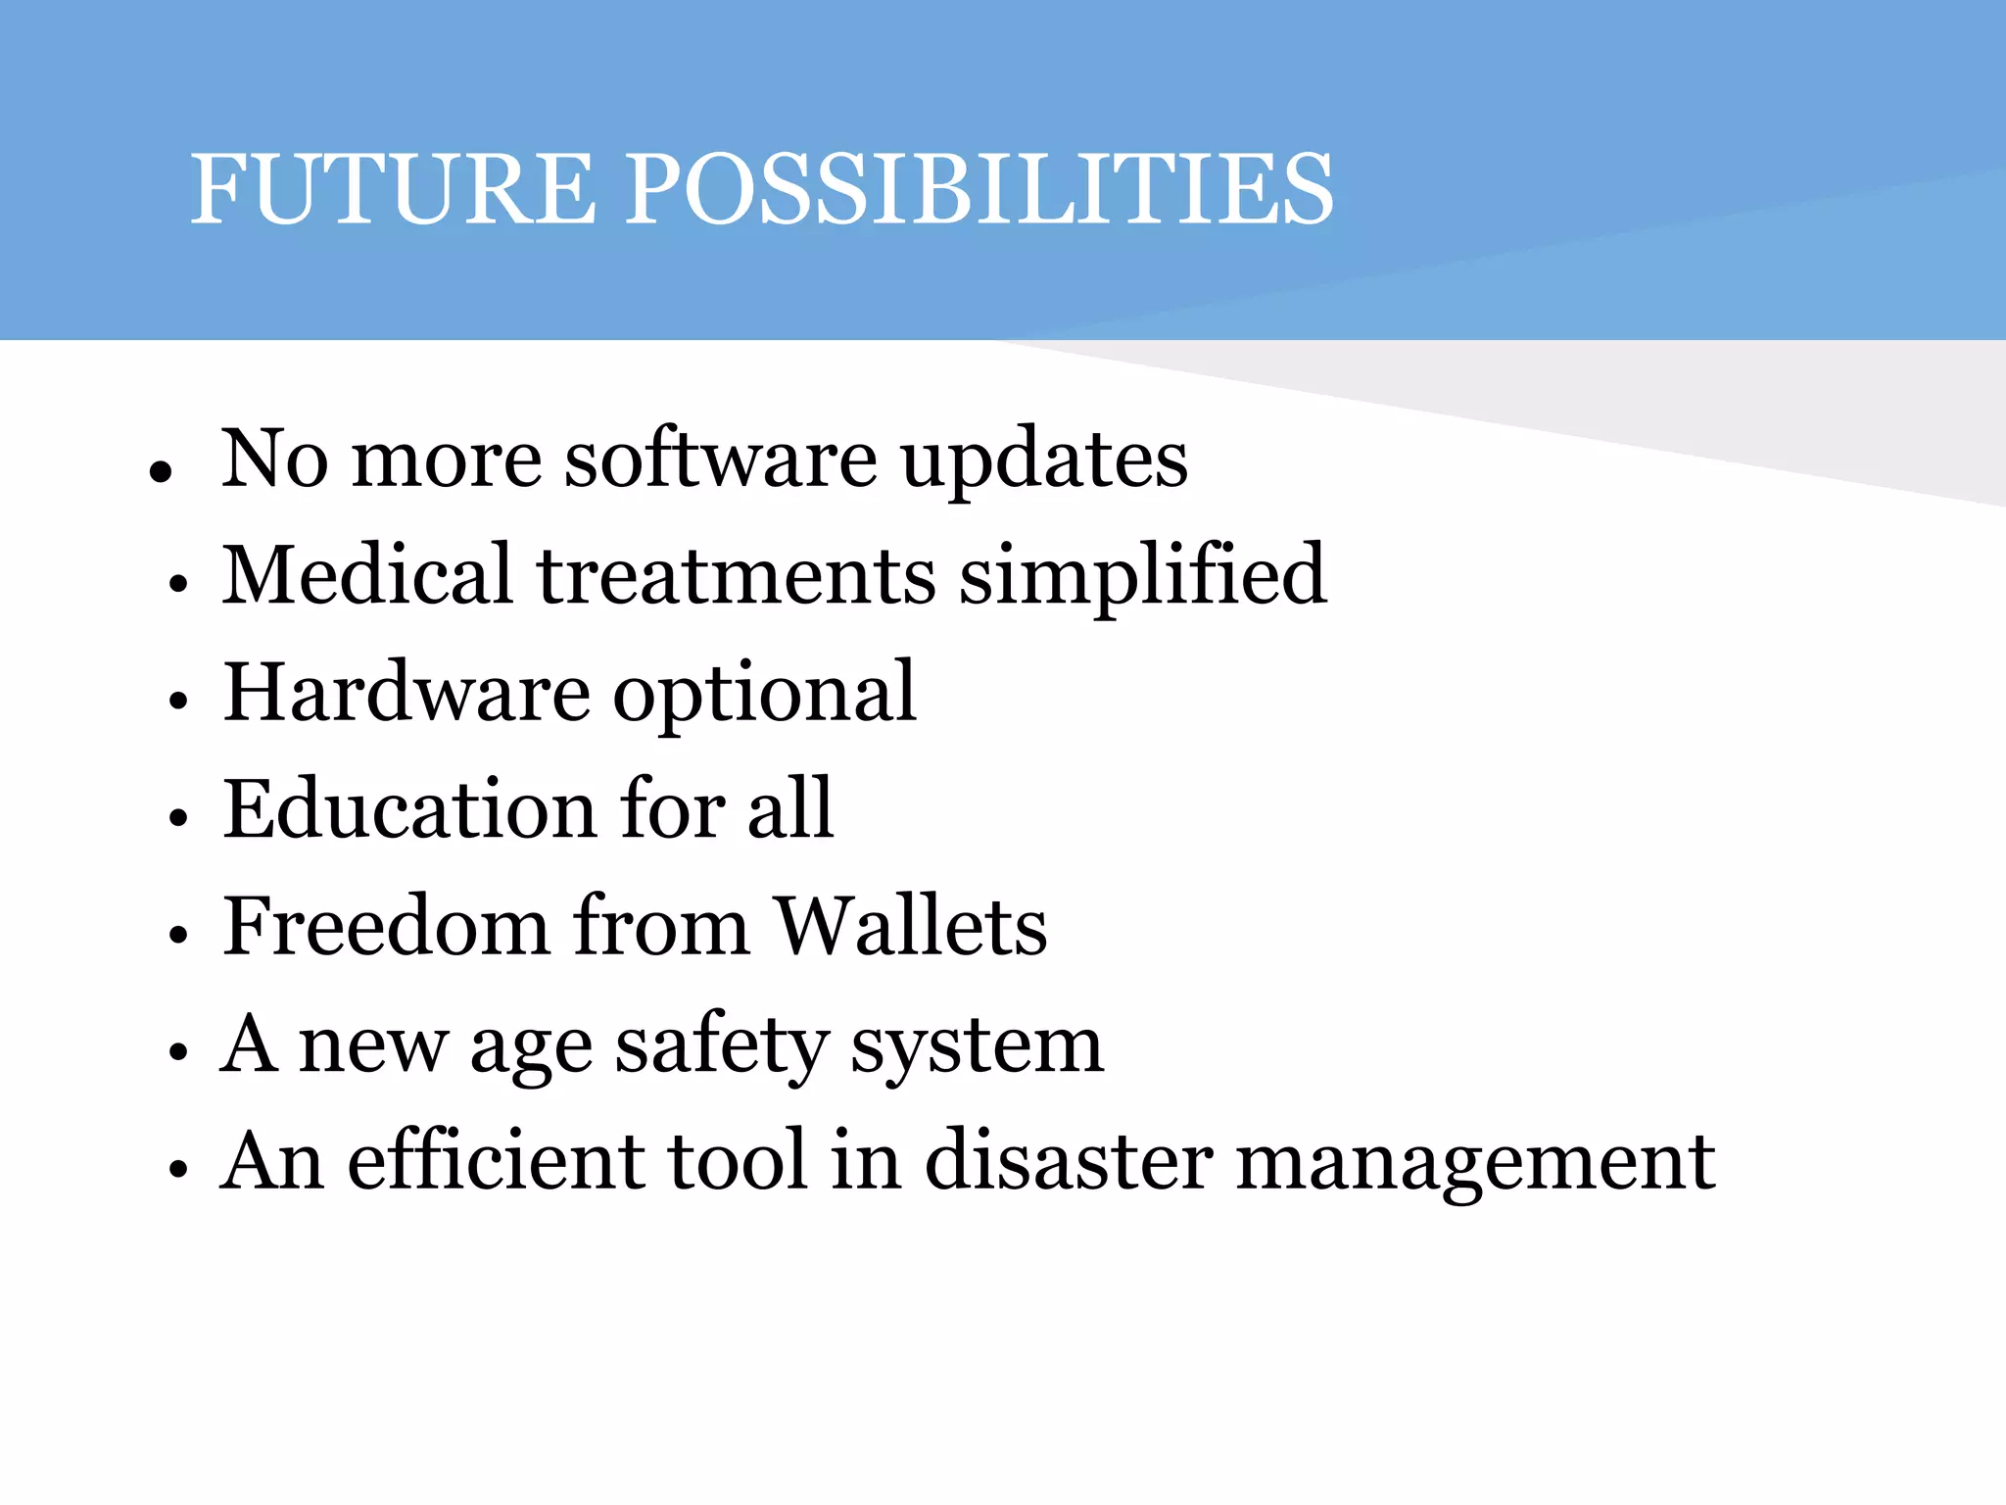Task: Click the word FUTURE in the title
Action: point(392,188)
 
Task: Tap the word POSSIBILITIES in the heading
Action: point(979,188)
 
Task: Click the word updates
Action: point(1044,461)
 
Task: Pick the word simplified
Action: point(1142,576)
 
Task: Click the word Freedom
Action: point(386,926)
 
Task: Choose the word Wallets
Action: point(911,926)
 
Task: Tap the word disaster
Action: point(1069,1161)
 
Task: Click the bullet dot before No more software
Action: point(161,471)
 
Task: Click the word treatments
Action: point(736,576)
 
